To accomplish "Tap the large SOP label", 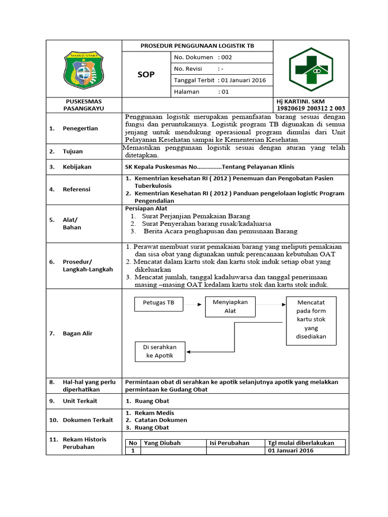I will point(147,75).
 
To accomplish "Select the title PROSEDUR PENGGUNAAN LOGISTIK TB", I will point(197,46).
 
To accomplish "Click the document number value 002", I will point(225,57).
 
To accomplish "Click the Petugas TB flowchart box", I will point(159,303).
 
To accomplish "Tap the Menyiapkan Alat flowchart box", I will point(230,307).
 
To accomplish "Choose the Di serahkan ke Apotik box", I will point(160,351).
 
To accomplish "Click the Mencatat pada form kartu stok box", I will point(311,320).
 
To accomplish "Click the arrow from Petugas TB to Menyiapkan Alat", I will point(193,304).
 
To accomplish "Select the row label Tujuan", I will point(73,151).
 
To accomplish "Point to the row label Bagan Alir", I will point(77,333).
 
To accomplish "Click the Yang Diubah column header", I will point(162,443).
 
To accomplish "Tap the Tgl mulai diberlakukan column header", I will point(301,443).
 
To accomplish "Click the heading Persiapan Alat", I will point(146,209).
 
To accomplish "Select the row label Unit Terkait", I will point(80,401).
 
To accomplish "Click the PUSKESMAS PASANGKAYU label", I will point(84,105).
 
